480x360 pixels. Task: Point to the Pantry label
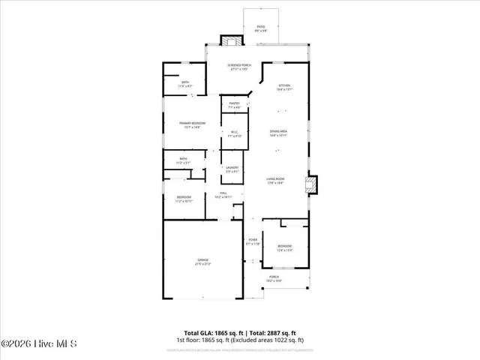coord(235,106)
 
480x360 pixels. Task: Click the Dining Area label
coord(279,133)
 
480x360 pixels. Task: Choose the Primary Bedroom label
coord(193,124)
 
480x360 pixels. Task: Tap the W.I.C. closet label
coord(235,135)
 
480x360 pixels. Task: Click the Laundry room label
coord(232,169)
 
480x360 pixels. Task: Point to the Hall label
coord(223,196)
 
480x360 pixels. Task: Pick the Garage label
coord(203,262)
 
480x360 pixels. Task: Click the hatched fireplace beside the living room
coord(313,184)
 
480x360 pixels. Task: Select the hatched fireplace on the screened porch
coord(228,41)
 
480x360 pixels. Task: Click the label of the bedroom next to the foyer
coord(285,248)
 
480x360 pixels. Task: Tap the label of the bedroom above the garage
coord(184,199)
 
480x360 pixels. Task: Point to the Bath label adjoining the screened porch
coord(184,85)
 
